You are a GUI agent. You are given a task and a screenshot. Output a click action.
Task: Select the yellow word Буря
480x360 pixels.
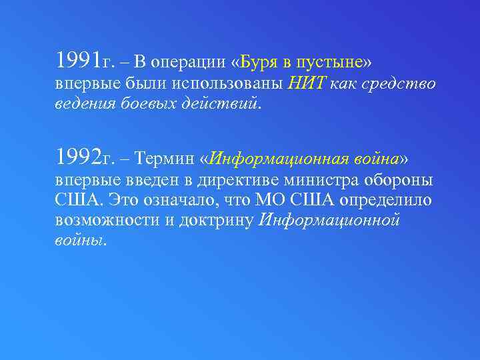(255, 63)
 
